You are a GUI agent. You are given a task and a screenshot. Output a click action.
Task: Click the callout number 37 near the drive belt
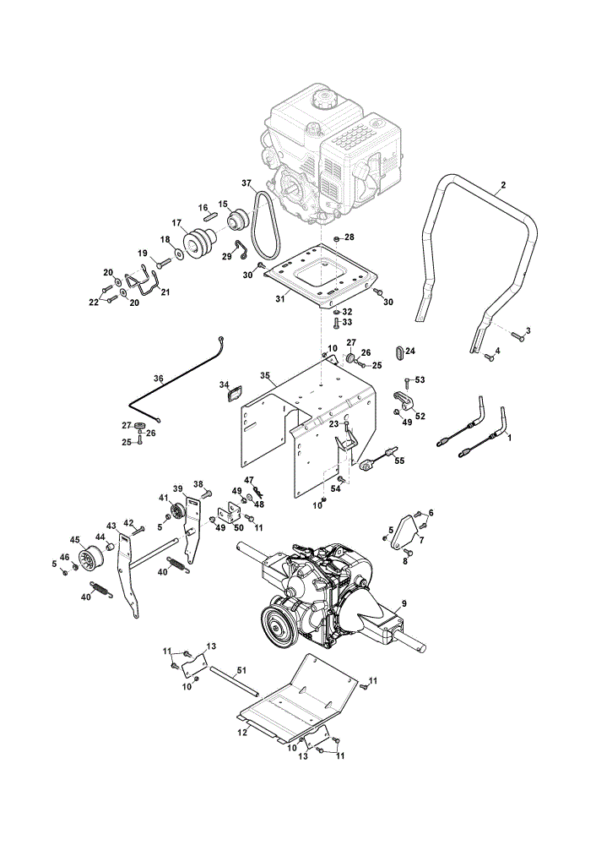tap(246, 183)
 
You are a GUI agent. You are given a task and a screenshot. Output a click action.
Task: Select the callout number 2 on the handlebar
tap(503, 185)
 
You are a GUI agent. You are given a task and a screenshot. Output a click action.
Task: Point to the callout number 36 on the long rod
tap(159, 379)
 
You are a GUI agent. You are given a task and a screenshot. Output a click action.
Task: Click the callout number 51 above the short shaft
tap(241, 670)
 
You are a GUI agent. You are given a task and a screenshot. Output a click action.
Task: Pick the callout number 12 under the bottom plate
tap(243, 733)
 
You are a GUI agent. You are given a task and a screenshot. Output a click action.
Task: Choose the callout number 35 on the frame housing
tap(264, 375)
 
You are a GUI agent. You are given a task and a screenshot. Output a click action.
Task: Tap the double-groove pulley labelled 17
tap(200, 243)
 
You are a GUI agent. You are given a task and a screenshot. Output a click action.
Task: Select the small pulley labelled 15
tap(237, 219)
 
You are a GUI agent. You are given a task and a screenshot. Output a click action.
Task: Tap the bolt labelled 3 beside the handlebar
tap(517, 337)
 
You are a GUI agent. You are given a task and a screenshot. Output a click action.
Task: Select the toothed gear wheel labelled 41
tap(177, 510)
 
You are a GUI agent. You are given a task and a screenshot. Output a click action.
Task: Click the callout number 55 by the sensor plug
tap(399, 461)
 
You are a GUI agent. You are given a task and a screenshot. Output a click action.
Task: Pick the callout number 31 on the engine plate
tap(280, 298)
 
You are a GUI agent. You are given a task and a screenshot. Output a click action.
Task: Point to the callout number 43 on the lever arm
tap(111, 526)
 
